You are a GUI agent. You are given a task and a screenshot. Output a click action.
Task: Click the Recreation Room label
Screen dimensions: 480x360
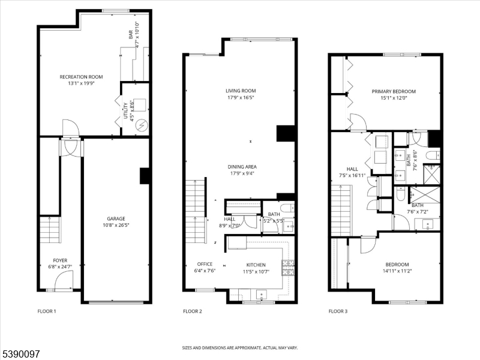pyautogui.click(x=81, y=77)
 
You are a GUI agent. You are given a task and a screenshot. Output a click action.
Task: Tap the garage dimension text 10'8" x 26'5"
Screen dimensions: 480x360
pyautogui.click(x=116, y=226)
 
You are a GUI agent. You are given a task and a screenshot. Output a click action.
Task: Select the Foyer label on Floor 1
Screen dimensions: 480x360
pyautogui.click(x=60, y=260)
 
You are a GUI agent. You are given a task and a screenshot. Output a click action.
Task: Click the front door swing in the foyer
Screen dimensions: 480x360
pyautogui.click(x=64, y=280)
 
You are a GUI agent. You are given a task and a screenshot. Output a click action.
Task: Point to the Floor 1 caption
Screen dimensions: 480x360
pyautogui.click(x=47, y=311)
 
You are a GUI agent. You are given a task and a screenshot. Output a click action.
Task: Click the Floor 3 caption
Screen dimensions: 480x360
pyautogui.click(x=338, y=311)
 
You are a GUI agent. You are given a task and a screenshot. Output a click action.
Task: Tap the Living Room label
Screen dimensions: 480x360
pyautogui.click(x=241, y=91)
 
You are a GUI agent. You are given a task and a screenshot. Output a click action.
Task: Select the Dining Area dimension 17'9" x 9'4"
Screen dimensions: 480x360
pyautogui.click(x=242, y=173)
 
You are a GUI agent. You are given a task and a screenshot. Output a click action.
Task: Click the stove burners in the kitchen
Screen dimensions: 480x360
pyautogui.click(x=288, y=268)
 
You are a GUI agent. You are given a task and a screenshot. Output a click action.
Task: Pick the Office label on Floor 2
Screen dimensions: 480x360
pyautogui.click(x=205, y=264)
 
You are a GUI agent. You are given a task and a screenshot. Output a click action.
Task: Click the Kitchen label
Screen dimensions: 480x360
pyautogui.click(x=256, y=265)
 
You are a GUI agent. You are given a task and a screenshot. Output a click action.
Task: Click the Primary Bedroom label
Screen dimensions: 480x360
pyautogui.click(x=394, y=91)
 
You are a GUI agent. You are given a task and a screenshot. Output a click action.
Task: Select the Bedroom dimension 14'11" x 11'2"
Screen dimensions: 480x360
pyautogui.click(x=397, y=271)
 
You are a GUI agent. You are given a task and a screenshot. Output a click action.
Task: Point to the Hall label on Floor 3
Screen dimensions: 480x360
pyautogui.click(x=352, y=169)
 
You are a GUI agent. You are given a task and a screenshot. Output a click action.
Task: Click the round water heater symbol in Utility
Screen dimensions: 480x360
pyautogui.click(x=142, y=125)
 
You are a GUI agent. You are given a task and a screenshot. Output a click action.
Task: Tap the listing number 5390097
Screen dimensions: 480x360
pyautogui.click(x=20, y=354)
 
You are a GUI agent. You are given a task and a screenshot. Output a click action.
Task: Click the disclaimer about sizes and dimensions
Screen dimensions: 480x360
pyautogui.click(x=240, y=348)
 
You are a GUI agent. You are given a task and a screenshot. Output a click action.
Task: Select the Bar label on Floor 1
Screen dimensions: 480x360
pyautogui.click(x=131, y=34)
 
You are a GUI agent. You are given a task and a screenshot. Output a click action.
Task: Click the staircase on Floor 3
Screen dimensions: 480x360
pyautogui.click(x=341, y=211)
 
